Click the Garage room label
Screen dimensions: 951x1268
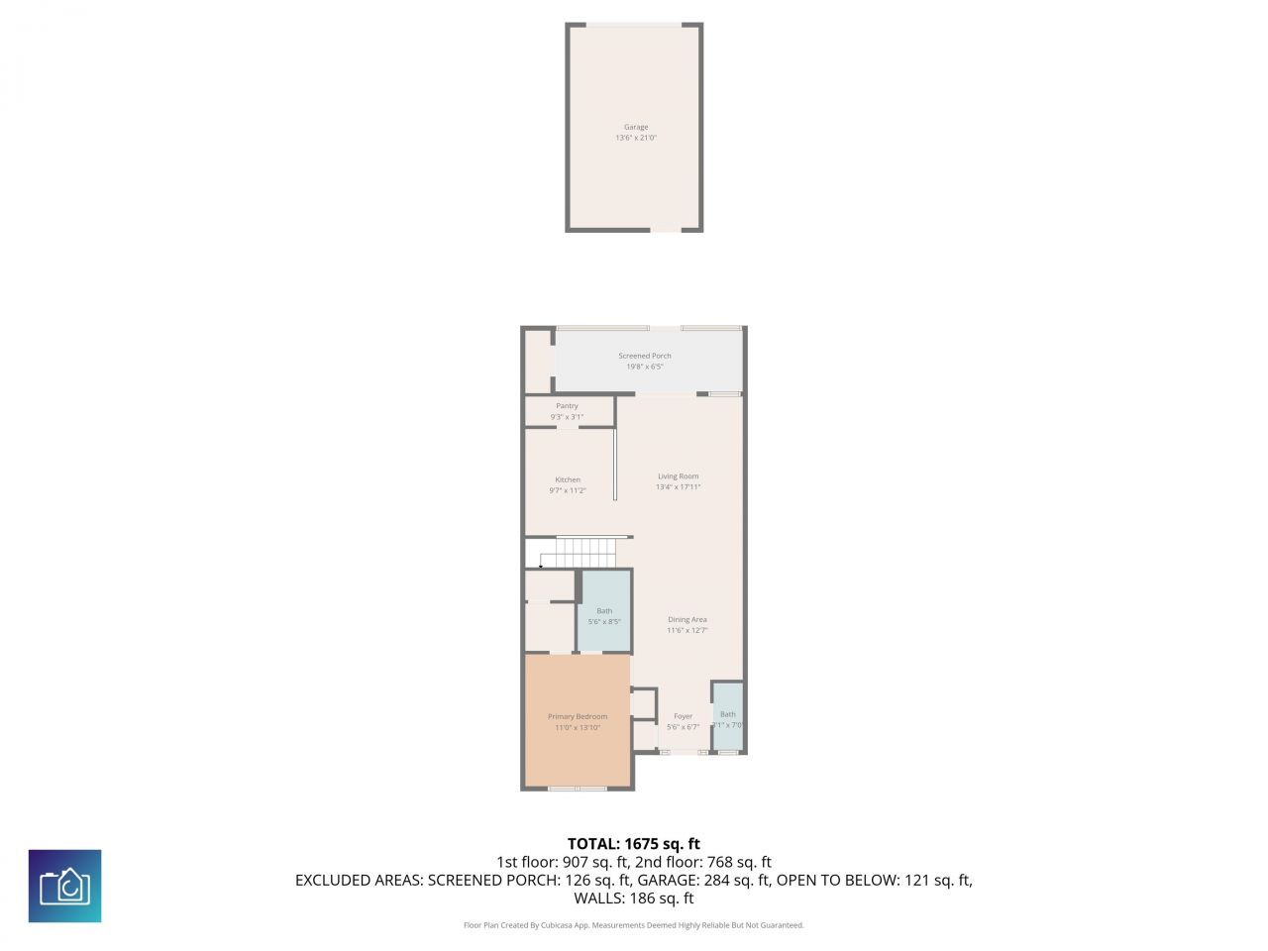pyautogui.click(x=636, y=127)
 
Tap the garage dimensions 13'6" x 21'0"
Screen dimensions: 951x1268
pyautogui.click(x=636, y=139)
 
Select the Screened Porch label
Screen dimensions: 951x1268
pyautogui.click(x=645, y=356)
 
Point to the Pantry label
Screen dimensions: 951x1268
pyautogui.click(x=567, y=406)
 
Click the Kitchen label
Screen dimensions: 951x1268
pyautogui.click(x=568, y=479)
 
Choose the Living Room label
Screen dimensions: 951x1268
pyautogui.click(x=679, y=476)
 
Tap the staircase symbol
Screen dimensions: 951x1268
pyautogui.click(x=583, y=552)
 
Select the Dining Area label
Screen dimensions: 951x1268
pyautogui.click(x=687, y=620)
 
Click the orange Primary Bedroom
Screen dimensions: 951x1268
pyautogui.click(x=578, y=721)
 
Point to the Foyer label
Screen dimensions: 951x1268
pyautogui.click(x=684, y=716)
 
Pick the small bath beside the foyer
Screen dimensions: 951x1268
pyautogui.click(x=728, y=718)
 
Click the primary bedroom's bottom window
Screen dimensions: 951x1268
pyautogui.click(x=578, y=789)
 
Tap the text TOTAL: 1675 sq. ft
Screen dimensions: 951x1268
pyautogui.click(x=634, y=844)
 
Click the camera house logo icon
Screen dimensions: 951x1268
pyautogui.click(x=64, y=886)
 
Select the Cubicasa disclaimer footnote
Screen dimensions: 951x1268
pyautogui.click(x=634, y=925)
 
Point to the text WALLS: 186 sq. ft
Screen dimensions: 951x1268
pyautogui.click(x=634, y=898)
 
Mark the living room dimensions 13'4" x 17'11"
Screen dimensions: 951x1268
pyautogui.click(x=679, y=487)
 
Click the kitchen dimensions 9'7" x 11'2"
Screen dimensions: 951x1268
pyautogui.click(x=568, y=490)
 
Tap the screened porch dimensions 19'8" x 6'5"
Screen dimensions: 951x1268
pyautogui.click(x=645, y=367)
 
